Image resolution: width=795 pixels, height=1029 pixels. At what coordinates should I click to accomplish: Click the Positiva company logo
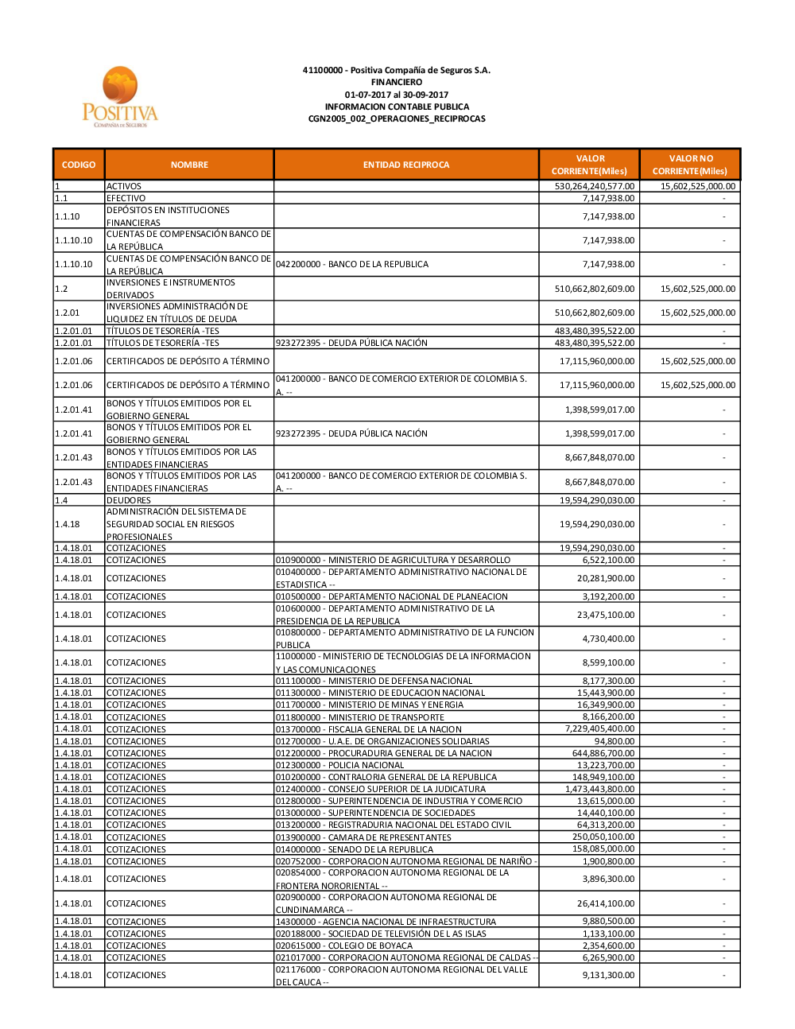[120, 96]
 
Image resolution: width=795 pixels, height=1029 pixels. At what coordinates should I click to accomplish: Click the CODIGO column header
[79, 165]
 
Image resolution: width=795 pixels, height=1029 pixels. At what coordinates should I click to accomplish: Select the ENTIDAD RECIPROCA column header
[405, 165]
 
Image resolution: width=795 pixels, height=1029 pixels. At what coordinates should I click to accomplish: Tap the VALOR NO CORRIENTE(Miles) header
[690, 165]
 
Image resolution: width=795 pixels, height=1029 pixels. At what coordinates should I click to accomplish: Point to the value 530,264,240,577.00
[594, 186]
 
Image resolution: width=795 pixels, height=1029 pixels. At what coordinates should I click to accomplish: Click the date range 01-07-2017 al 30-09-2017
[397, 95]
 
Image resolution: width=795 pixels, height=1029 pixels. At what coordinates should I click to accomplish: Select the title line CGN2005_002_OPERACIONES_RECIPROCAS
[397, 118]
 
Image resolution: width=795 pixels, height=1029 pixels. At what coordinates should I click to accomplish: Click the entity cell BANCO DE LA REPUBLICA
[352, 264]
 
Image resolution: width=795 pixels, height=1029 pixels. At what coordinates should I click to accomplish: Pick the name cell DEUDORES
[129, 500]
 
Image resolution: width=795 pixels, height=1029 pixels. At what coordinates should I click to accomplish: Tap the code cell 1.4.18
[68, 524]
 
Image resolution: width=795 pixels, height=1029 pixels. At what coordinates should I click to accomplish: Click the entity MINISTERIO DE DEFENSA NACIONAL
[374, 681]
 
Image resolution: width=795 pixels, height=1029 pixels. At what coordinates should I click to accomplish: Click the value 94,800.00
[614, 741]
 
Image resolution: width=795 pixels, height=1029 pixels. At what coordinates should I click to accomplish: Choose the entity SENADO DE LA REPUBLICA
[355, 849]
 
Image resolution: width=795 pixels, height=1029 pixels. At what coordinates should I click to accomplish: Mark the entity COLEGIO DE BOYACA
[344, 946]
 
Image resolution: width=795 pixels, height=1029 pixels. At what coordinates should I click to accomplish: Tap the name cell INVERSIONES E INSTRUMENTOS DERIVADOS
[171, 289]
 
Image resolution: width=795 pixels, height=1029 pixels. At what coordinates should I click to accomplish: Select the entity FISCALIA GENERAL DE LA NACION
[368, 729]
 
